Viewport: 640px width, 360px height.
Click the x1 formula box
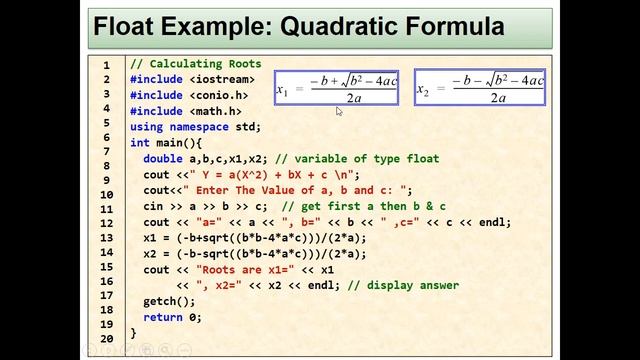(x=336, y=87)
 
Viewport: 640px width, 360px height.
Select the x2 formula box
(x=481, y=87)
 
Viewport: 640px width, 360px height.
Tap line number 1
(x=106, y=66)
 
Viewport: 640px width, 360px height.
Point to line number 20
(x=106, y=339)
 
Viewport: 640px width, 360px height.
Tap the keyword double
(x=162, y=159)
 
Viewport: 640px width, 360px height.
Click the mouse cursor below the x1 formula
(x=339, y=111)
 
